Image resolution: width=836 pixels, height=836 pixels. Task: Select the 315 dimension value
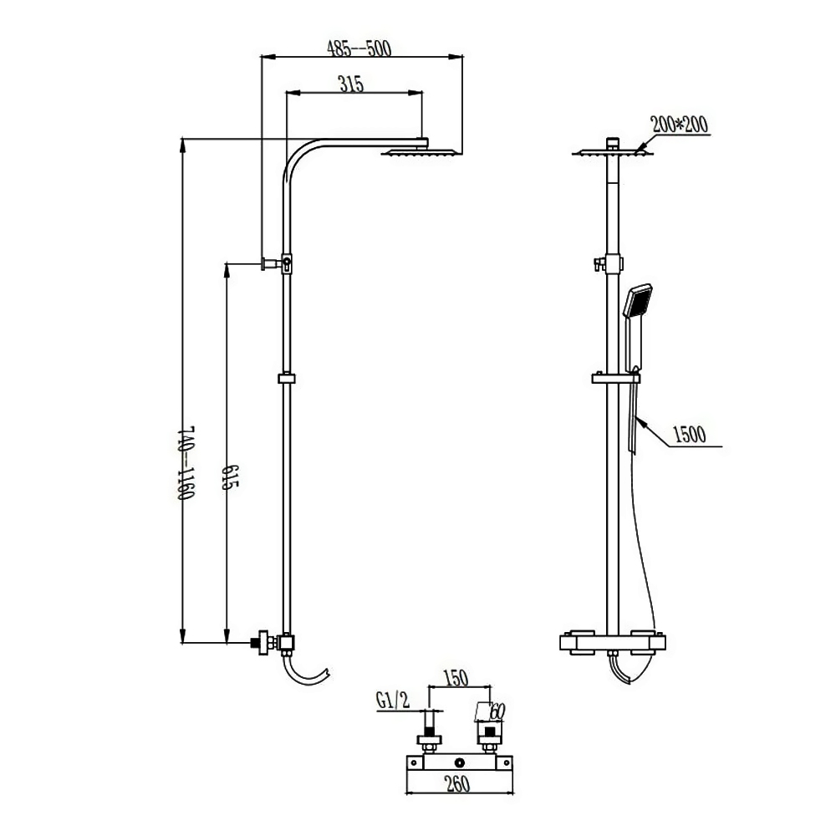pyautogui.click(x=351, y=84)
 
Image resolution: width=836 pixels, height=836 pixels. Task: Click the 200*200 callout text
pyautogui.click(x=680, y=125)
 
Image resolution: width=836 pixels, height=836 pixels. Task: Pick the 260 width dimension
pyautogui.click(x=457, y=784)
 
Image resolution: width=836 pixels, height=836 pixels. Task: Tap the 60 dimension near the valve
pyautogui.click(x=497, y=711)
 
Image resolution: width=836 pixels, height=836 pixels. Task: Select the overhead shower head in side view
pyautogui.click(x=422, y=152)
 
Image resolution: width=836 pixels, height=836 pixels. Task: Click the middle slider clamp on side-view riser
pyautogui.click(x=287, y=379)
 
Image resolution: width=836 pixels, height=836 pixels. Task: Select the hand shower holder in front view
pyautogui.click(x=614, y=379)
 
